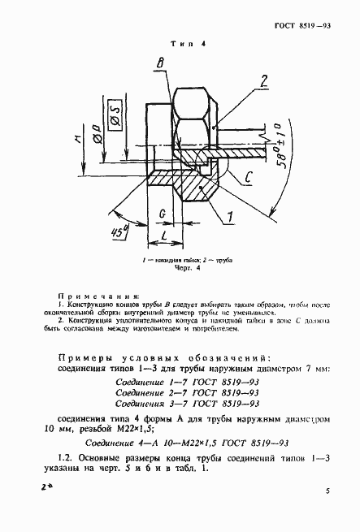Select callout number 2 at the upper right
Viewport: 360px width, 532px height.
(263, 80)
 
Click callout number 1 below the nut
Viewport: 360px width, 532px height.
(230, 216)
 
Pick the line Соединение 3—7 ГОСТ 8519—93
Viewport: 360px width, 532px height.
(188, 403)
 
